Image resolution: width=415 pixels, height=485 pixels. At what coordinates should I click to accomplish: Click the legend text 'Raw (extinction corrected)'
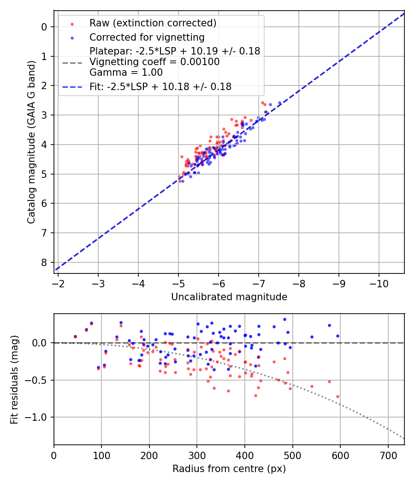point(153,23)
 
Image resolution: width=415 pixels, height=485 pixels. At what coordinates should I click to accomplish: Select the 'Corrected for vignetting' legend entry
point(147,37)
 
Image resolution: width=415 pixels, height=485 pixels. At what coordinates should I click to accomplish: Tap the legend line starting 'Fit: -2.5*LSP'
point(160,86)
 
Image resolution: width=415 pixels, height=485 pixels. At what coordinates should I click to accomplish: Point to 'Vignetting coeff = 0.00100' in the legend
point(154,61)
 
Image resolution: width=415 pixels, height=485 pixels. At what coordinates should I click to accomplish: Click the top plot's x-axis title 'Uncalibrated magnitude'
point(229,297)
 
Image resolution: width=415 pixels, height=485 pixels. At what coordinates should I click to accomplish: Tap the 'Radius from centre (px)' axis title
point(229,469)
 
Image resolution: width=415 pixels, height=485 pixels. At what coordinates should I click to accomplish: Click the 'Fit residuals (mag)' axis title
point(14,380)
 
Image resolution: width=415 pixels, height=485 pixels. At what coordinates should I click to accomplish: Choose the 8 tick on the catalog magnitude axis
point(44,262)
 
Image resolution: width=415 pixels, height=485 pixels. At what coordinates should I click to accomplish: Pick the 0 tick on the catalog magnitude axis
point(44,27)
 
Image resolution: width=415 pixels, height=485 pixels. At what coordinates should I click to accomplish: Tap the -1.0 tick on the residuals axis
point(38,417)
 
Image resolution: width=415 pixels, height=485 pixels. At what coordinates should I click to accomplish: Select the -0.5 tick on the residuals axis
point(38,380)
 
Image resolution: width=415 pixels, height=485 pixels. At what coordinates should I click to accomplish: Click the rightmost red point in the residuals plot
point(338,396)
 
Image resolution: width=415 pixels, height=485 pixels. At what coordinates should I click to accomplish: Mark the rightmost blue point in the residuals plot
point(338,336)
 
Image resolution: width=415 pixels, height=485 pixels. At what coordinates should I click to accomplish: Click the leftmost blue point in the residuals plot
point(75,337)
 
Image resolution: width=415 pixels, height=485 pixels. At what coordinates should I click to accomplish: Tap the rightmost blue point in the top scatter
point(279,103)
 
